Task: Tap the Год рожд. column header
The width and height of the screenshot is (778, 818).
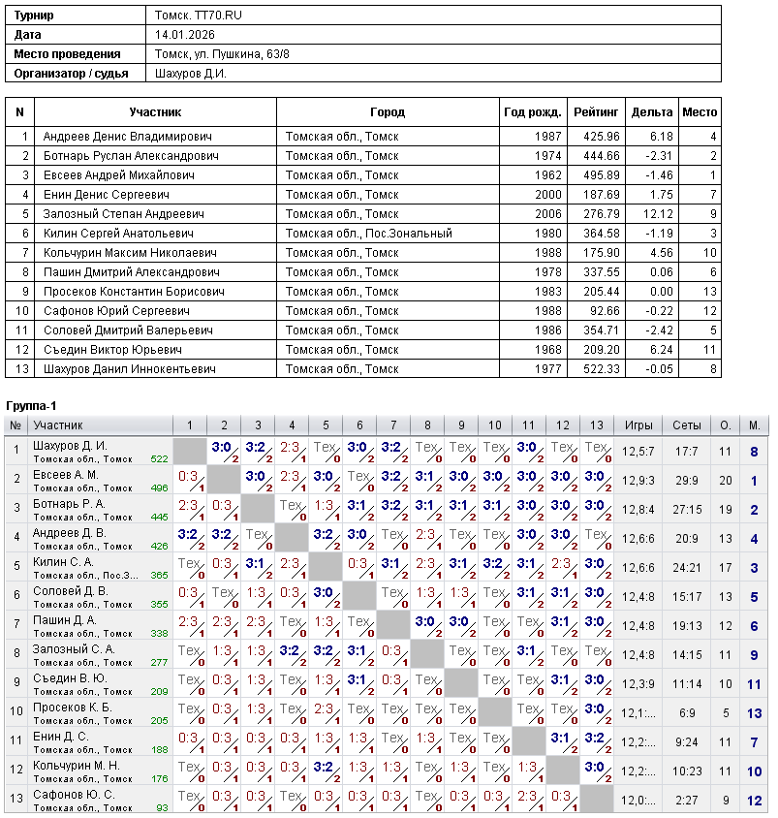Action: [x=532, y=112]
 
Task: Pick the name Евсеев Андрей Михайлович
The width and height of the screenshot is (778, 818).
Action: [x=119, y=175]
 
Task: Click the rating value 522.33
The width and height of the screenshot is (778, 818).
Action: [x=601, y=369]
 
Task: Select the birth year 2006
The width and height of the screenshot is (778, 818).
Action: [x=547, y=214]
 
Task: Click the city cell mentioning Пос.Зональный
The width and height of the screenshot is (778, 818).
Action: [x=368, y=234]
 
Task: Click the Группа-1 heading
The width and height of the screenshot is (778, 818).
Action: [x=32, y=404]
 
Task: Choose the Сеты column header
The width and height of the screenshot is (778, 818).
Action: [x=687, y=425]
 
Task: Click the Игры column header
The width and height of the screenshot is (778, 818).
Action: [x=638, y=425]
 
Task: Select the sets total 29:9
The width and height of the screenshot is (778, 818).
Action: [x=687, y=480]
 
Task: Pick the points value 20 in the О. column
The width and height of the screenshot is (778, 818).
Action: [x=725, y=480]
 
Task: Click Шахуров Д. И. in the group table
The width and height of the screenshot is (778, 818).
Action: [x=70, y=446]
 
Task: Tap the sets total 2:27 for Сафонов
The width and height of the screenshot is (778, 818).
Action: [x=687, y=800]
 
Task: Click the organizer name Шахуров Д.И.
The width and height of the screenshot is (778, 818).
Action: [x=191, y=74]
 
